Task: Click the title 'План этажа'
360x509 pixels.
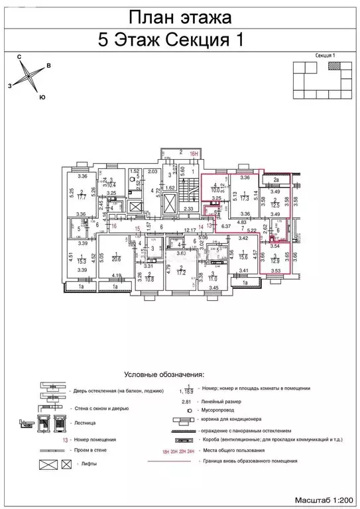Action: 179,17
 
